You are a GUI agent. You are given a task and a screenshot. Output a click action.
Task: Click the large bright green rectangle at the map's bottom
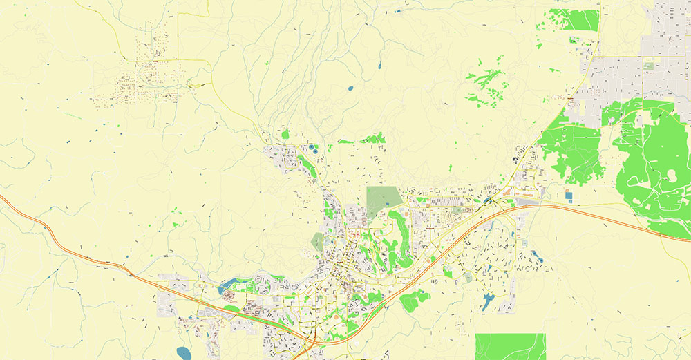point(510,346)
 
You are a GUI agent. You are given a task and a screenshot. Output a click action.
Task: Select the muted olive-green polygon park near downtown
point(384,198)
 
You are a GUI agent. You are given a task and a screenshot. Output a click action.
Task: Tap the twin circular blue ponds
point(314,147)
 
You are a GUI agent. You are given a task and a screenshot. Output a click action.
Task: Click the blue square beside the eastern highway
point(569,196)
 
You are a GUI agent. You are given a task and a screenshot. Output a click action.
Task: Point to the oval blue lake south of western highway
point(184,353)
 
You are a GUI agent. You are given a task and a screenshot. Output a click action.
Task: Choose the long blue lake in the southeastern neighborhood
point(489,301)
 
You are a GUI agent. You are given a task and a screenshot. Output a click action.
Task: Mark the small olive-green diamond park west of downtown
point(317,241)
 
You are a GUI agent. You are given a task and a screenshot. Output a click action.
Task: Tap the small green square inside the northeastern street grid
point(648,66)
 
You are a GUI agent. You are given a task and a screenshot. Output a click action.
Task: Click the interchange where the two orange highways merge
point(312,339)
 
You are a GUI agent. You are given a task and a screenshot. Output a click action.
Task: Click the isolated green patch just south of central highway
point(415,300)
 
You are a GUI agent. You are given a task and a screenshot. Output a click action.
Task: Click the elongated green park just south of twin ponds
point(307,165)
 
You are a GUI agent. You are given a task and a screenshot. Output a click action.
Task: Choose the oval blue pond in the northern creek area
point(350,88)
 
